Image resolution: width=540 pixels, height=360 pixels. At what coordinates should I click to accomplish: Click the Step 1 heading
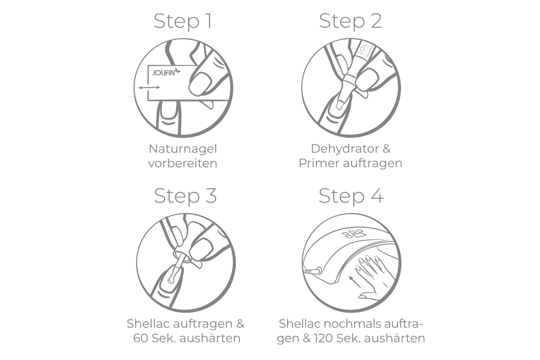pyautogui.click(x=183, y=21)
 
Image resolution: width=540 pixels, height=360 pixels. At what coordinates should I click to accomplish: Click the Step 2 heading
pyautogui.click(x=351, y=21)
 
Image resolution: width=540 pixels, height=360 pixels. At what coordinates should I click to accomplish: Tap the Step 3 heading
pyautogui.click(x=185, y=196)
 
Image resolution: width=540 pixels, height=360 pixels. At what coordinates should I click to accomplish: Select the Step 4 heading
pyautogui.click(x=351, y=196)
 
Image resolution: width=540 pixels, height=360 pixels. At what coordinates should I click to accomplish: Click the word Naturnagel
pyautogui.click(x=183, y=148)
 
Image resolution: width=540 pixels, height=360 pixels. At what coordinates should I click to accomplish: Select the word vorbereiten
pyautogui.click(x=183, y=163)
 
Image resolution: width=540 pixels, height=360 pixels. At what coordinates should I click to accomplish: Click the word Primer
pyautogui.click(x=319, y=163)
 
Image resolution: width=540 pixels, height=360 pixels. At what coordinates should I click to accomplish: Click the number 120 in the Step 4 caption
pyautogui.click(x=315, y=338)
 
